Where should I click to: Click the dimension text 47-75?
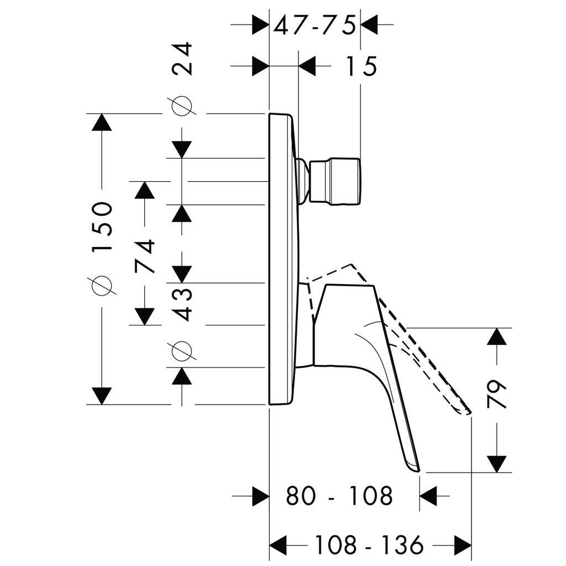pos(314,25)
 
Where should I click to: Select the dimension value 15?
pos(361,66)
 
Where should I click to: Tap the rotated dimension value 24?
pos(182,58)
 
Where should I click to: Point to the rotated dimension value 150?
pos(103,226)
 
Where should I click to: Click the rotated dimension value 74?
pos(145,256)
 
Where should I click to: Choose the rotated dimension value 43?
pos(182,304)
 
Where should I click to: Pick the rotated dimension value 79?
pos(497,393)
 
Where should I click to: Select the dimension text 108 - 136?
pos(369,544)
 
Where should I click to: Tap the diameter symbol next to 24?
pos(182,106)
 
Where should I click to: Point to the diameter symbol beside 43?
pos(182,350)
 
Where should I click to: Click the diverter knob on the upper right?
pos(335,182)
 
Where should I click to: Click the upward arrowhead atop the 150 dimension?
pos(102,122)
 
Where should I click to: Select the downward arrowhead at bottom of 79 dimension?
pos(497,463)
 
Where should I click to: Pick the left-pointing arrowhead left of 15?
pos(307,66)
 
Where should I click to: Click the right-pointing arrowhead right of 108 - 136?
pos(463,544)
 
